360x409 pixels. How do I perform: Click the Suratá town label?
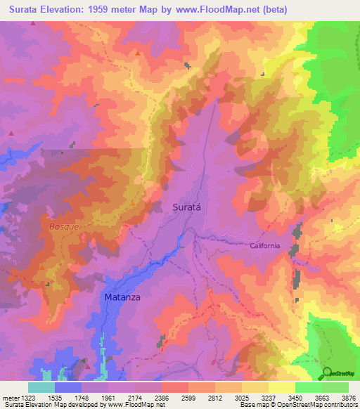coord(188,207)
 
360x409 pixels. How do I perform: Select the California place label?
coord(264,245)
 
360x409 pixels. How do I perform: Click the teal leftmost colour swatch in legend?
coord(41,387)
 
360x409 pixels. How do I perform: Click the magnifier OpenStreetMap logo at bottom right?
coord(327,372)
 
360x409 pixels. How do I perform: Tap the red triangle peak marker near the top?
coord(138,53)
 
